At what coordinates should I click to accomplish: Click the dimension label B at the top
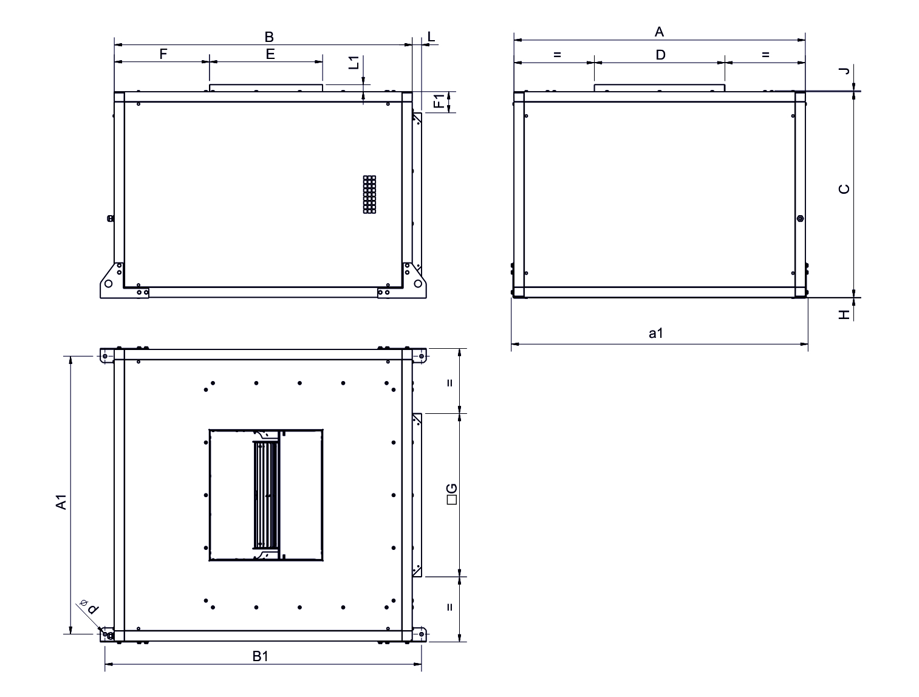269,36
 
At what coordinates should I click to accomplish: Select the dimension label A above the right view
659,32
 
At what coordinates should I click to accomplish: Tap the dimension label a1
655,334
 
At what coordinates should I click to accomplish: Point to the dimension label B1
261,656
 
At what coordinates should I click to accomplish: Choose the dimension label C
844,189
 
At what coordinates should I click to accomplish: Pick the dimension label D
660,55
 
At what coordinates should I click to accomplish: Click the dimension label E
270,54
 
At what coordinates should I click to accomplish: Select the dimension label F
163,54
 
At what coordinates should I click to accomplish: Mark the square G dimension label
451,494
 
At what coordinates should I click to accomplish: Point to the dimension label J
844,71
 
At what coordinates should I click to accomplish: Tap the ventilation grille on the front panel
369,194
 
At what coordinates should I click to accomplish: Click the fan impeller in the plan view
266,495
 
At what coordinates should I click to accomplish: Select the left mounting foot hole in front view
108,283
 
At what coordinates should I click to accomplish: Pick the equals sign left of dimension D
557,55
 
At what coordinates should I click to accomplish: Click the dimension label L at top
431,36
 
